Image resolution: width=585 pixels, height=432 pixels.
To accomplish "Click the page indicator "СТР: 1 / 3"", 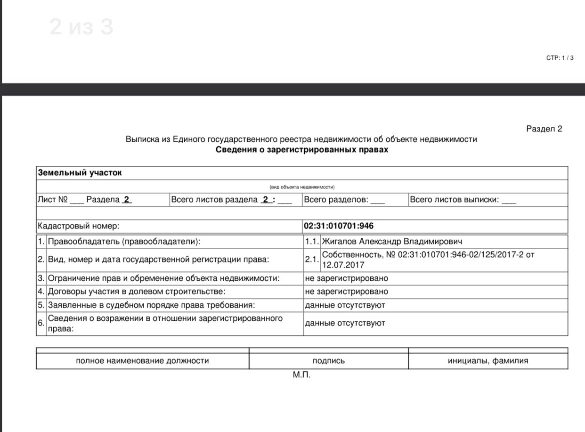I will click(560, 58).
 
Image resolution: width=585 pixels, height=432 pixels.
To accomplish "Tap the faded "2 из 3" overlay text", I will click(81, 27).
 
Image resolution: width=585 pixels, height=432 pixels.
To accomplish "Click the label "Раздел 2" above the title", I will click(544, 129).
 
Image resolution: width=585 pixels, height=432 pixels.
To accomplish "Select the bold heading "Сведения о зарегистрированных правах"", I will click(302, 150).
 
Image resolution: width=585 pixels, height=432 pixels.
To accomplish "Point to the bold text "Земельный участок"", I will click(80, 173).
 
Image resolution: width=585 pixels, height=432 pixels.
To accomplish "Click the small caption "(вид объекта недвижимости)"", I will click(302, 187).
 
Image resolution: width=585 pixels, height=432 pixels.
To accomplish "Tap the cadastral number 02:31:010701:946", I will click(339, 226).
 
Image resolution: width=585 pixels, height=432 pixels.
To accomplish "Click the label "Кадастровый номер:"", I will click(78, 226).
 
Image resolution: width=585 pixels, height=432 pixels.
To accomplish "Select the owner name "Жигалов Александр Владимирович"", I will click(392, 242).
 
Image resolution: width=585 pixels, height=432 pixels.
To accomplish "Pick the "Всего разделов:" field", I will click(344, 200).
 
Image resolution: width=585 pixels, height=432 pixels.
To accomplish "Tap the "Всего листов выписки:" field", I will click(463, 200).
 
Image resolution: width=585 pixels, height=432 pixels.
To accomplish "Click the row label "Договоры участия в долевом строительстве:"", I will click(137, 292).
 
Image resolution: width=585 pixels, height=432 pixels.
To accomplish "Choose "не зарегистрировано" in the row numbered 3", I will click(347, 278).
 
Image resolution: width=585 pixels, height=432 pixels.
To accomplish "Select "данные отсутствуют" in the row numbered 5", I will click(345, 305).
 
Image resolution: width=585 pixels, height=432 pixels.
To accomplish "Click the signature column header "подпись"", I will click(328, 361).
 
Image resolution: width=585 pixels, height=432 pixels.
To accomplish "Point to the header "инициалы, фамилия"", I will click(488, 361).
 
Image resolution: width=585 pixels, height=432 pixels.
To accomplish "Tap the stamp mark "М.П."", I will click(301, 375).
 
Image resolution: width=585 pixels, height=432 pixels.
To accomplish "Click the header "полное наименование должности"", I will click(142, 361).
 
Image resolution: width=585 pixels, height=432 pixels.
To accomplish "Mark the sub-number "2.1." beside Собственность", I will click(312, 260).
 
